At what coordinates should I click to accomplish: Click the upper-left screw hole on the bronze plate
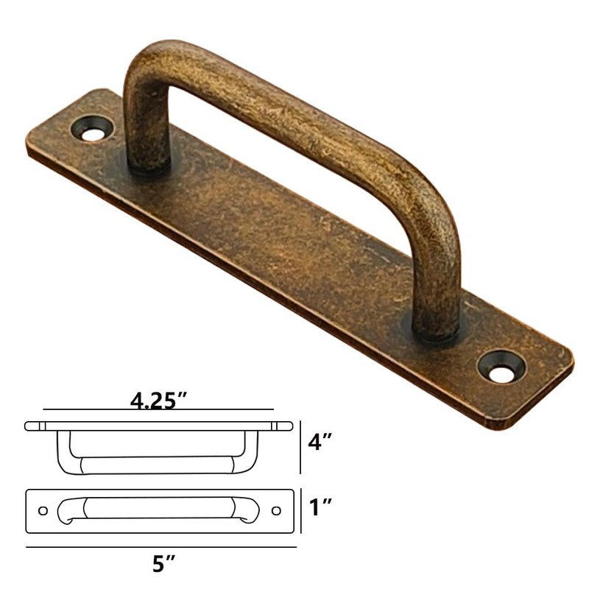click(x=92, y=133)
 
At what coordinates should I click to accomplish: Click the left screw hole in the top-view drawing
click(x=43, y=510)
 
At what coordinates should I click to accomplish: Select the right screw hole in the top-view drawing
click(x=276, y=510)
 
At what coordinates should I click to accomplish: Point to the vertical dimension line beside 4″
click(x=301, y=448)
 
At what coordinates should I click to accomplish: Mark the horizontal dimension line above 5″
click(x=161, y=547)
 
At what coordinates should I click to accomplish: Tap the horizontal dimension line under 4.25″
click(x=158, y=409)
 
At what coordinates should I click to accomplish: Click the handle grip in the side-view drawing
click(x=158, y=465)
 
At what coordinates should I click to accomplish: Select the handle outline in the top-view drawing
click(x=158, y=509)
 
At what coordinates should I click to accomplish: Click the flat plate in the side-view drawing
click(x=158, y=426)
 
